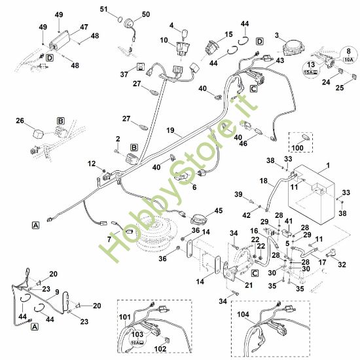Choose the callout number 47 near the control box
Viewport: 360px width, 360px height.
coord(84,27)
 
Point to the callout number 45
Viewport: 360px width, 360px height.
coord(218,210)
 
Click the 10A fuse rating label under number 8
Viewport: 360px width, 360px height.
coord(349,58)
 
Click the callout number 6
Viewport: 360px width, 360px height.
coord(193,186)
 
